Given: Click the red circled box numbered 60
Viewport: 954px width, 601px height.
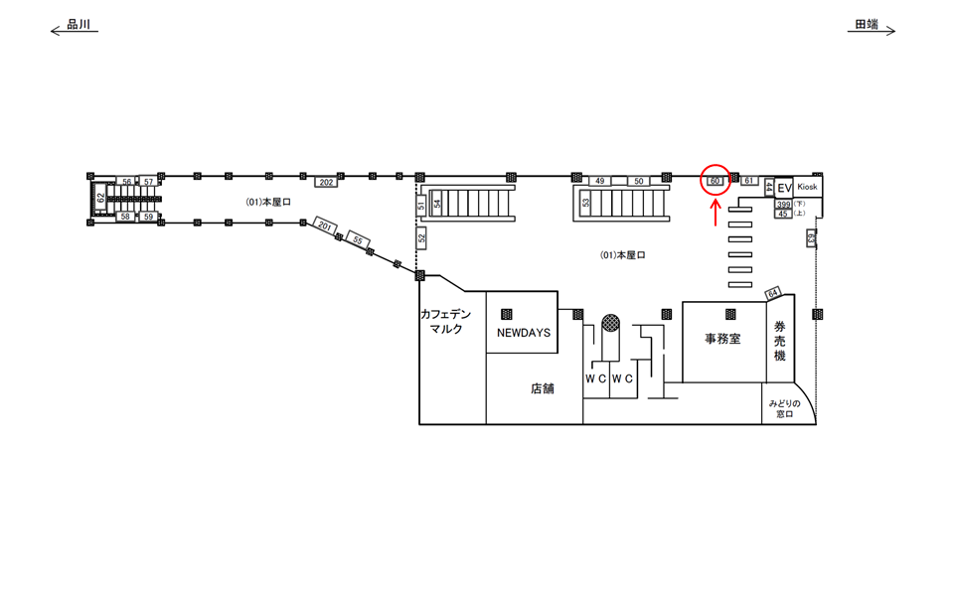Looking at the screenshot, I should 715,181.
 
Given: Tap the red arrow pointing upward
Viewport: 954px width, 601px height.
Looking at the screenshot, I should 716,211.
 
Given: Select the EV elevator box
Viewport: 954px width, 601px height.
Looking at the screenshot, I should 783,188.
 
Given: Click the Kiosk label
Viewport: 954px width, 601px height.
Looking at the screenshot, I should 807,187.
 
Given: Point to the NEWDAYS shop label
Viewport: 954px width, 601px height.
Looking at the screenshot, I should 523,334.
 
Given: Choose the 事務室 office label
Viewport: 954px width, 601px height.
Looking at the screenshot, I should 722,339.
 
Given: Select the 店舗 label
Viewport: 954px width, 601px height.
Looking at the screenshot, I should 542,389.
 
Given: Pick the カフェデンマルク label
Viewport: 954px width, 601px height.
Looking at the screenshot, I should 445,322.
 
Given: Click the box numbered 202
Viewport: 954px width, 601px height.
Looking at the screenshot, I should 326,182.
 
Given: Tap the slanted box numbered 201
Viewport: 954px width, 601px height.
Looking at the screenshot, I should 325,226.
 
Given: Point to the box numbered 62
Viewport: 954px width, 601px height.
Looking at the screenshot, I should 100,198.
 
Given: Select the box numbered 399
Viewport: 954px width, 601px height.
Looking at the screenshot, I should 783,205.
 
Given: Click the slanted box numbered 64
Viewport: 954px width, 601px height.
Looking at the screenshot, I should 773,293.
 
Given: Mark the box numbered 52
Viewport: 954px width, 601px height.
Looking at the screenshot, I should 421,237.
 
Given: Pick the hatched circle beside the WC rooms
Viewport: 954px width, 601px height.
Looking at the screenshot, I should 610,324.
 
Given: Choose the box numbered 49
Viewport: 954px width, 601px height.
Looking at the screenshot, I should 599,182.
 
